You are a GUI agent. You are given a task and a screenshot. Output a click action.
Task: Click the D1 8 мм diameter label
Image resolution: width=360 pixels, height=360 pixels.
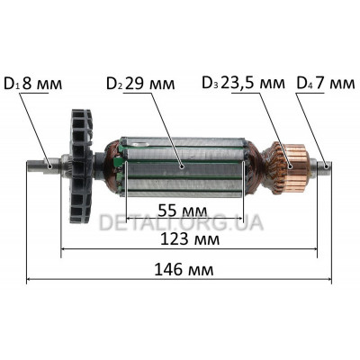(33, 84)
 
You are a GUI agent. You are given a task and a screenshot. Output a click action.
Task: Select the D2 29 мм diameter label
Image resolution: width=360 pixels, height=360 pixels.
(140, 84)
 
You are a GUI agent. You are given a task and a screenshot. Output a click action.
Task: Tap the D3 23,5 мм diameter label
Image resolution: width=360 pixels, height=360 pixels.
(243, 83)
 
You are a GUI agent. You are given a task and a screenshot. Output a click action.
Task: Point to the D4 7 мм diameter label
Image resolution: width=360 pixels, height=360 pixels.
(326, 83)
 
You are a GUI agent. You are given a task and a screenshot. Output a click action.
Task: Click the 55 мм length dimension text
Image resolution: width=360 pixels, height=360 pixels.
(183, 211)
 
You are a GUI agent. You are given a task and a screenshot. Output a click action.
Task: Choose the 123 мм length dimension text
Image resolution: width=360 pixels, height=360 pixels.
(190, 239)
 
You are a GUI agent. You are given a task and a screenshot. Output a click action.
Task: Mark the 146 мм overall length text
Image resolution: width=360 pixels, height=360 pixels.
(184, 270)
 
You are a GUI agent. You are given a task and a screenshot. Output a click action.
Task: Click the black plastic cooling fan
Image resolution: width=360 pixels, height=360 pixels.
(81, 166)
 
